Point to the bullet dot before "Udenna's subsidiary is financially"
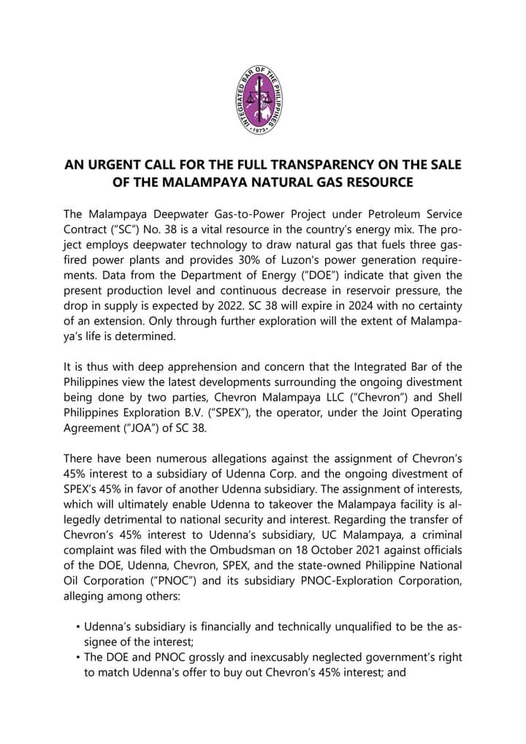click(78, 627)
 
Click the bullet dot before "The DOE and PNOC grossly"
click(78, 658)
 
